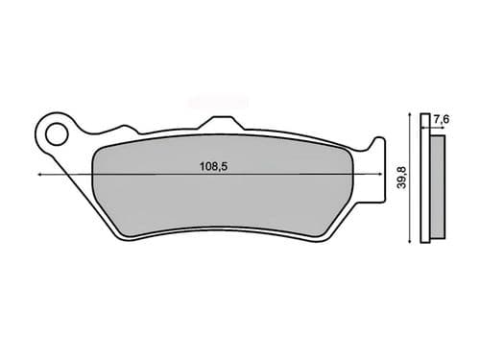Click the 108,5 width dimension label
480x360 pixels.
click(215, 166)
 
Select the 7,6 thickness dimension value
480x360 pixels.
click(440, 118)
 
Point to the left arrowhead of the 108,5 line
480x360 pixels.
click(40, 176)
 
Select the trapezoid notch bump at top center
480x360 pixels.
click(220, 121)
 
